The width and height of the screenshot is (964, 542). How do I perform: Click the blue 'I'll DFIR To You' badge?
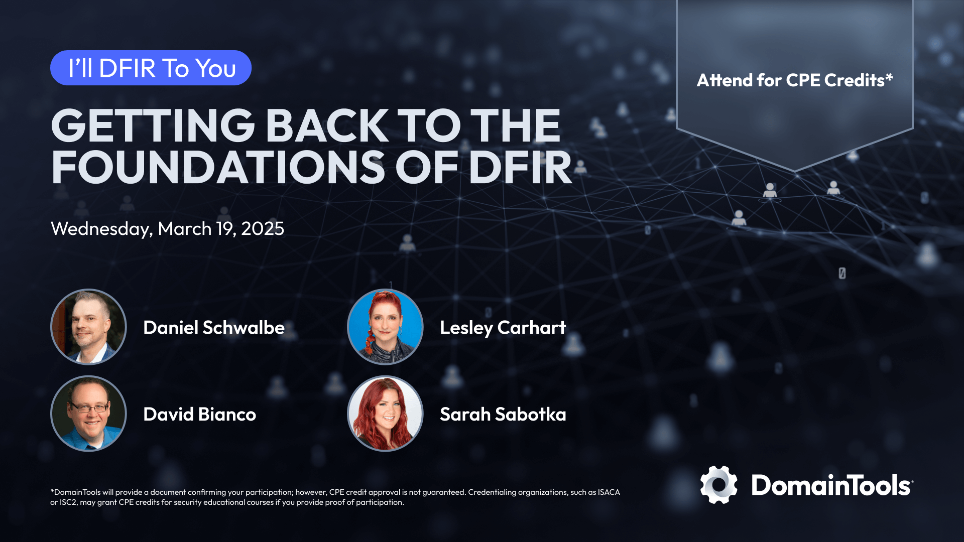pyautogui.click(x=151, y=68)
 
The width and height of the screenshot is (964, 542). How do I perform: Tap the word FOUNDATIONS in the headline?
pyautogui.click(x=218, y=167)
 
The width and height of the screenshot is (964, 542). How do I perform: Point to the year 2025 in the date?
pyautogui.click(x=263, y=229)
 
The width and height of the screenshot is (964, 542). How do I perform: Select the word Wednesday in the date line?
pyautogui.click(x=101, y=229)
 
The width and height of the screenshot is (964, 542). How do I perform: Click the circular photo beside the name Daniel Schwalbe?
pyautogui.click(x=88, y=327)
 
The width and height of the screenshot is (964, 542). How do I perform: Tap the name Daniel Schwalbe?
pyautogui.click(x=214, y=328)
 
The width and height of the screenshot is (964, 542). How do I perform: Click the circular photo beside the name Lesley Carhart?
pyautogui.click(x=385, y=327)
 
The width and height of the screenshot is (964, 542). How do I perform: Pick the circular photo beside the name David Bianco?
pyautogui.click(x=88, y=414)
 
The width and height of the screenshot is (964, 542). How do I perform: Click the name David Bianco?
pyautogui.click(x=200, y=415)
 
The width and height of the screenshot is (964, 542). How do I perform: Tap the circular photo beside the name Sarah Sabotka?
pyautogui.click(x=385, y=414)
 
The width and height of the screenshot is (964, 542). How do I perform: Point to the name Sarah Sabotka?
pyautogui.click(x=503, y=415)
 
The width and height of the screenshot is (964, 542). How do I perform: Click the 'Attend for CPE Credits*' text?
pyautogui.click(x=795, y=80)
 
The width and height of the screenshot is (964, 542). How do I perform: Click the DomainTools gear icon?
pyautogui.click(x=719, y=485)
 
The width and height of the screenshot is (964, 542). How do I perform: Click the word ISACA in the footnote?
pyautogui.click(x=609, y=492)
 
